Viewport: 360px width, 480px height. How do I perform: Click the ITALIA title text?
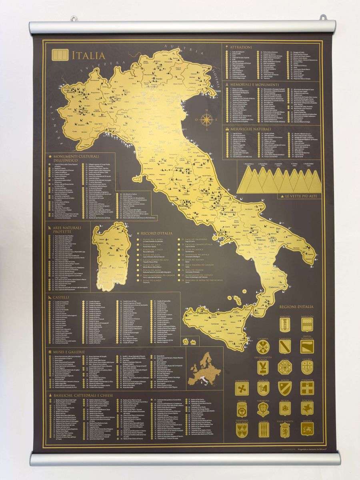click(x=88, y=56)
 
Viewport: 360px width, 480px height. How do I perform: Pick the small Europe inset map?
click(x=205, y=368)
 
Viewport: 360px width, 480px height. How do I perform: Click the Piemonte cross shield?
click(x=307, y=388)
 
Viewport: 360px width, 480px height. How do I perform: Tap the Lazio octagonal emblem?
click(x=285, y=366)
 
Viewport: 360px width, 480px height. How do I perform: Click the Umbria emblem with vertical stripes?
click(x=285, y=428)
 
